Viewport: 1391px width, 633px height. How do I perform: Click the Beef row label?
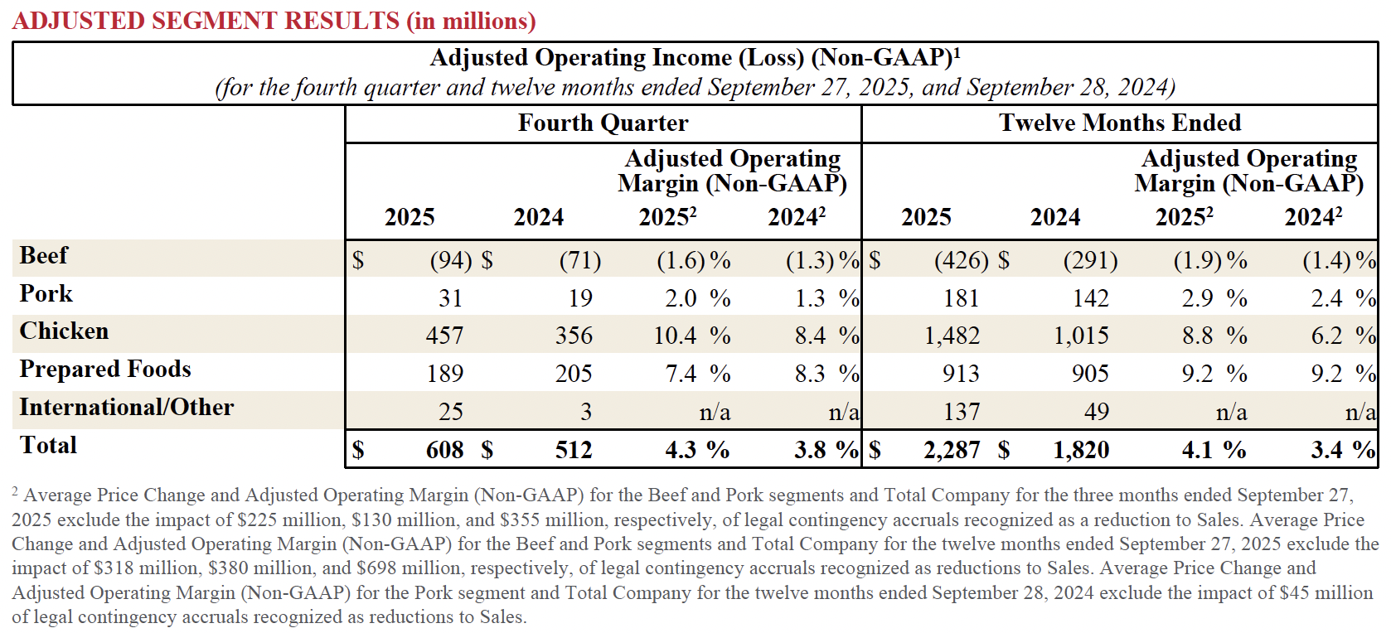[x=44, y=256]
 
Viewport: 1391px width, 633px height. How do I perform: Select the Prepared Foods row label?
[x=105, y=370]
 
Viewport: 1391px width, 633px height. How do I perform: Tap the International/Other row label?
[x=127, y=408]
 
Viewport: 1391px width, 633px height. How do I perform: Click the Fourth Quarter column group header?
[x=603, y=123]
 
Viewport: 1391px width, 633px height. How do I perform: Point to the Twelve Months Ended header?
[x=1119, y=123]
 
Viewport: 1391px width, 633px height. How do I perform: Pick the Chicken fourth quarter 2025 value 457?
[x=444, y=336]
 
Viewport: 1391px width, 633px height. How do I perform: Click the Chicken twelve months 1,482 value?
[x=952, y=336]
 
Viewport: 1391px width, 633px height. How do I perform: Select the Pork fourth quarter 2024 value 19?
[x=580, y=298]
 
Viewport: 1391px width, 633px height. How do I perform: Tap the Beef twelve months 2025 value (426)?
[x=961, y=261]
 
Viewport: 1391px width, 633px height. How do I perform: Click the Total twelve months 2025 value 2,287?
[x=952, y=450]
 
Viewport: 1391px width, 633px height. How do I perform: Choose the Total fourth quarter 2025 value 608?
[x=444, y=450]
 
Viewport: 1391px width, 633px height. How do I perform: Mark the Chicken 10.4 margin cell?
[x=675, y=336]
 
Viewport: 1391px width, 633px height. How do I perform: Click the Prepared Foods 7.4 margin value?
[x=681, y=374]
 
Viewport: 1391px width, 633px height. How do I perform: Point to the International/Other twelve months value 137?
[x=961, y=412]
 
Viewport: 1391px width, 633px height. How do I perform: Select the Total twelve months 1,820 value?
[x=1081, y=450]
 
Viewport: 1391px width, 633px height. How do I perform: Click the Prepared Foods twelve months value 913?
[x=961, y=374]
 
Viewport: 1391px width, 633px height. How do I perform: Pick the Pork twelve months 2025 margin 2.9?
[x=1197, y=298]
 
